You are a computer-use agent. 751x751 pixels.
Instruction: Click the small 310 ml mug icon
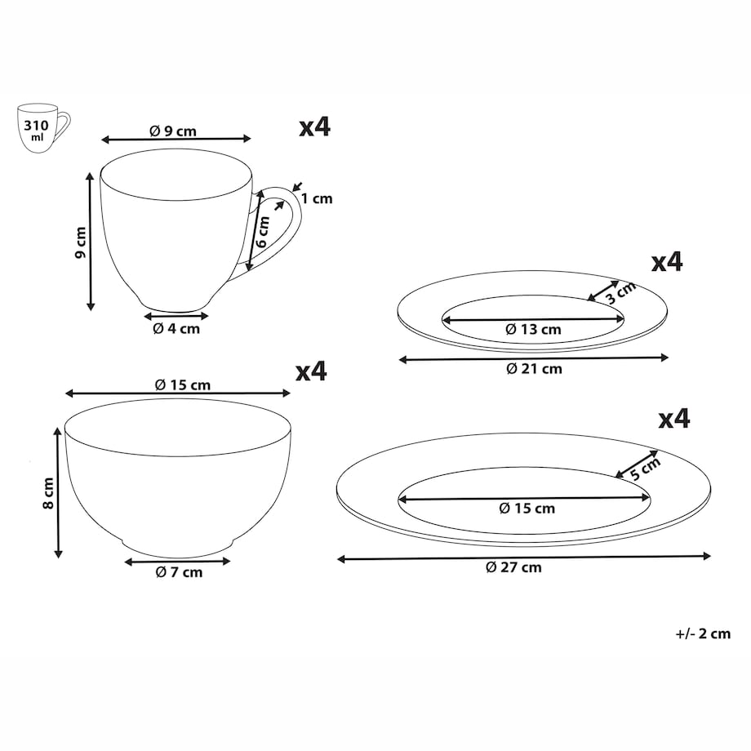pyautogui.click(x=43, y=128)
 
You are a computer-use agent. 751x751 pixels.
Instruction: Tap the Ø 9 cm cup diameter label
pyautogui.click(x=173, y=131)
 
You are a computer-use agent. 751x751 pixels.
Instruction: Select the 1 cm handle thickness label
pyautogui.click(x=317, y=198)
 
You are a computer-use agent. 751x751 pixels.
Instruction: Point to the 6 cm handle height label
pyautogui.click(x=263, y=231)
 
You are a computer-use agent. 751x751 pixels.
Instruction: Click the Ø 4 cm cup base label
pyautogui.click(x=176, y=328)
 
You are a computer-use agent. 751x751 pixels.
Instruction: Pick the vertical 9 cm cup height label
pyautogui.click(x=81, y=242)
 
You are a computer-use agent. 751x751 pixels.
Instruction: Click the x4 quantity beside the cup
pyautogui.click(x=314, y=127)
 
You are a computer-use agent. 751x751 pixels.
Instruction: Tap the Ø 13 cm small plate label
pyautogui.click(x=533, y=329)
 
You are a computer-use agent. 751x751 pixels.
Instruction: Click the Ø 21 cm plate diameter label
pyautogui.click(x=534, y=369)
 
